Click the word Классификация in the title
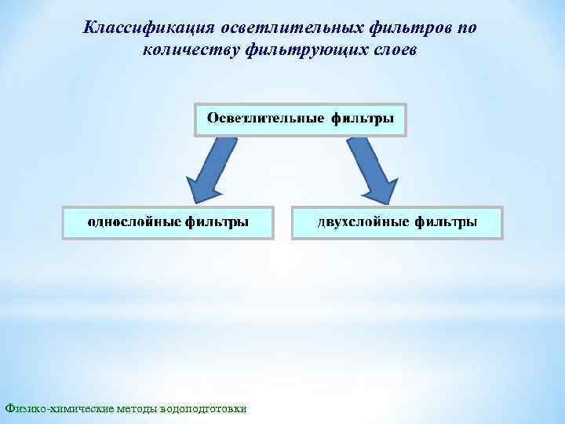tap(138, 28)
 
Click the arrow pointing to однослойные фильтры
tap(206, 169)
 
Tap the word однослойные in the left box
tap(134, 222)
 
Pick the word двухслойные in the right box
tap(363, 222)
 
